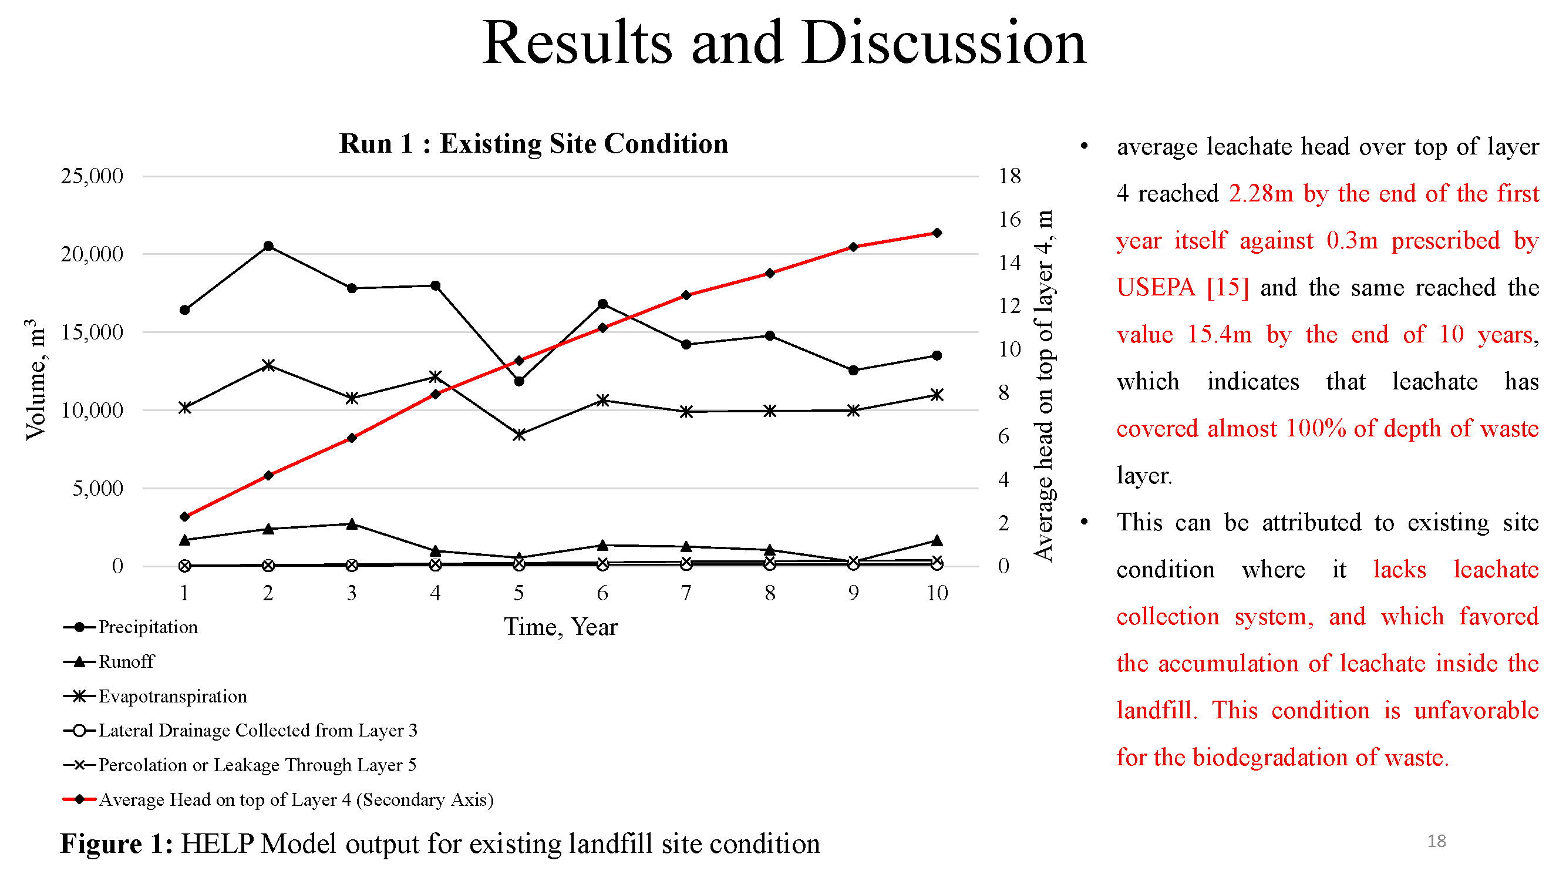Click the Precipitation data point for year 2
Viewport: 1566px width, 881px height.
coord(268,246)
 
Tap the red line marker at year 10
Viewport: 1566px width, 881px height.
coord(937,233)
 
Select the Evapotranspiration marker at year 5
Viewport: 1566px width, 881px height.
coord(518,435)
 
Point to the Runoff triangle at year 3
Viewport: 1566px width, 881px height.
coord(351,524)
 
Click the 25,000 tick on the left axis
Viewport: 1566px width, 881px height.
coord(92,176)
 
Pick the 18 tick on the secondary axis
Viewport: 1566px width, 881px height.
coord(1009,176)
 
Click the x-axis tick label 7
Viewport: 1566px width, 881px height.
coord(686,593)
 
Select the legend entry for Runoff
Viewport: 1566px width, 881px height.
coord(126,661)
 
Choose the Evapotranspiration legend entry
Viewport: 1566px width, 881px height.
coord(173,696)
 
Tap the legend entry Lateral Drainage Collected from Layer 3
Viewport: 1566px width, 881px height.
coord(258,730)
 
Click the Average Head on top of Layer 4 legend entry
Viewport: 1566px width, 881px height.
coord(296,799)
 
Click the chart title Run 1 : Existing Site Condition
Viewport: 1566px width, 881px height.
coord(534,144)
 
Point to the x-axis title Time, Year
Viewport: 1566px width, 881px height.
coord(561,627)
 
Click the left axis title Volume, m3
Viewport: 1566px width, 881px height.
coord(35,379)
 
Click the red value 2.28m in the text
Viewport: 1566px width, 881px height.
coord(1261,194)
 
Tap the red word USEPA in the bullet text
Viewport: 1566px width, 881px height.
coord(1156,288)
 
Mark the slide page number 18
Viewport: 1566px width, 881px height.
coord(1436,841)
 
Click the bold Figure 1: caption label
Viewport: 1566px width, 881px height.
coord(117,844)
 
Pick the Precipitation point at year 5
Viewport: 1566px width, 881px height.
coord(518,381)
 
